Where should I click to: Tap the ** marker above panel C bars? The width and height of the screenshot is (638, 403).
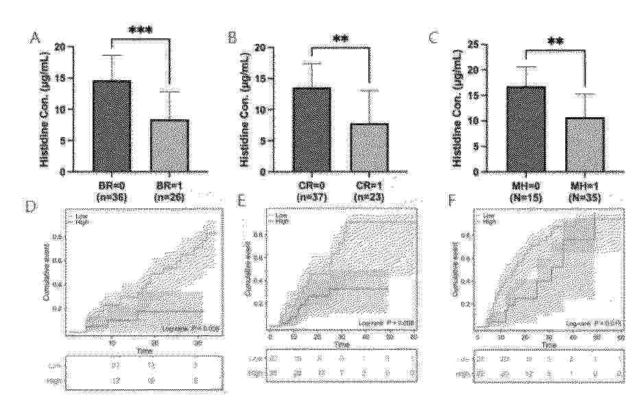click(x=556, y=41)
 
